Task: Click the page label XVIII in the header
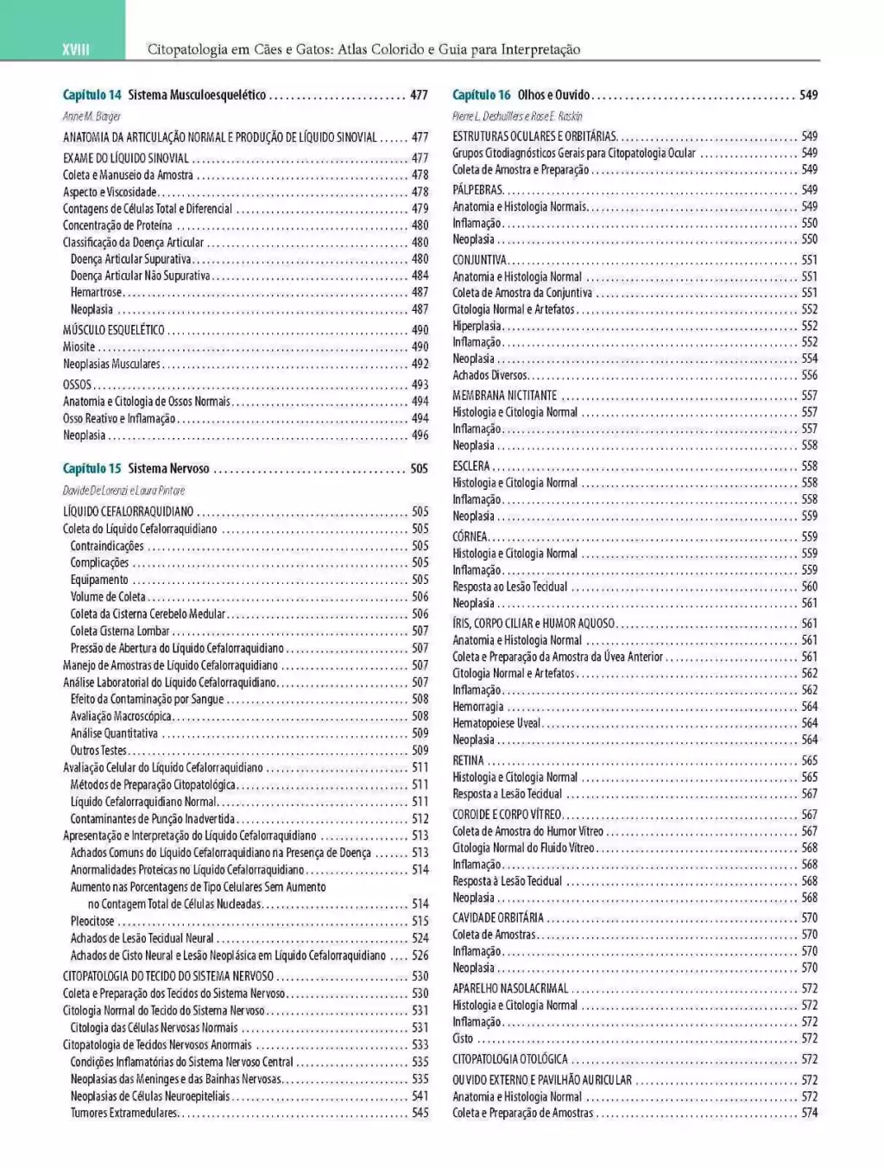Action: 76,49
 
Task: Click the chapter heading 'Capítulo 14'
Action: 92,95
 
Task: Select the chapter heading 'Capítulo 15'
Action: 92,468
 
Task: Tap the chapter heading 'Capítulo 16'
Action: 482,95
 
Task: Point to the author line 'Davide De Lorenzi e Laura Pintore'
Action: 123,490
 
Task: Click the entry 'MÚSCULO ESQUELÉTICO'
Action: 113,329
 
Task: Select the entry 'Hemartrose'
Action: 96,292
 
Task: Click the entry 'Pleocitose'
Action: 92,921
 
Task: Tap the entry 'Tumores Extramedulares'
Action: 123,1113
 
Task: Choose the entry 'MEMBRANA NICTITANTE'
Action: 504,396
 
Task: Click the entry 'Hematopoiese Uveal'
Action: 496,723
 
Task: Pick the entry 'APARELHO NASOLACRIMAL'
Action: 510,988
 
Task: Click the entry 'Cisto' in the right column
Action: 463,1038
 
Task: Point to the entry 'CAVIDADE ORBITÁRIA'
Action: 498,917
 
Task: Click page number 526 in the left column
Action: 420,955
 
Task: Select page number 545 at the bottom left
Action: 420,1113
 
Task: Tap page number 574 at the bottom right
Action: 809,1113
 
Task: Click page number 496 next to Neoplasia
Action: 420,435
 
